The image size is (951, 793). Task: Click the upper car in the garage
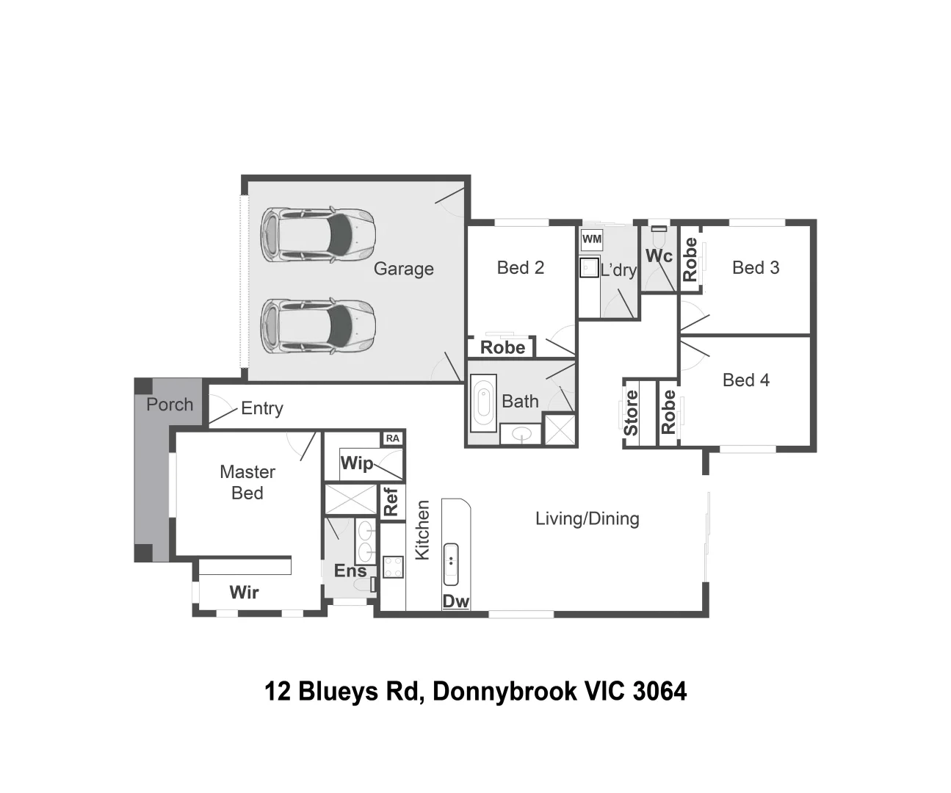pos(318,235)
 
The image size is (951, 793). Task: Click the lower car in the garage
pos(318,325)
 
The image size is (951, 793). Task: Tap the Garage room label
pos(403,269)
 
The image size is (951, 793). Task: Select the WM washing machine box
pos(591,239)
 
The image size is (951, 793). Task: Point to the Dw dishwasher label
pos(455,601)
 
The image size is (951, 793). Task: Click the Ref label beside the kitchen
pos(391,501)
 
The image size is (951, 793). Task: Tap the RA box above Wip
pos(393,438)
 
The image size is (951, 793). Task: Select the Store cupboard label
pos(631,413)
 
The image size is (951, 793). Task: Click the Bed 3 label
pos(755,268)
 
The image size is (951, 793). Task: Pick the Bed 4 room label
pos(745,380)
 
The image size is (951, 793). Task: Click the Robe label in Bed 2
pos(502,347)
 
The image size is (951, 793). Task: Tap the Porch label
pos(170,405)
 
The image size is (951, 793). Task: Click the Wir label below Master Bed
pos(244,593)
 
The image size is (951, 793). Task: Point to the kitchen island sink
pos(451,564)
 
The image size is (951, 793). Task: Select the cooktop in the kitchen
pos(393,567)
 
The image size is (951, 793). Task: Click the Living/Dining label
pos(587,519)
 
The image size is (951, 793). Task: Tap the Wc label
pos(658,256)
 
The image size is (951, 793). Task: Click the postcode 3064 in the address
pos(659,692)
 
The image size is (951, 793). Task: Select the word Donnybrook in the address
pos(504,692)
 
